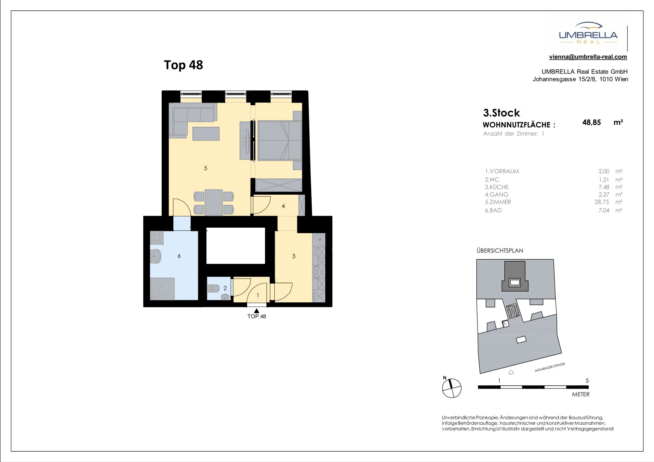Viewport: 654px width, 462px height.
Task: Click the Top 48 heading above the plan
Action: click(183, 65)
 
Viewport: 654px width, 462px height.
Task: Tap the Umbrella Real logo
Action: click(588, 33)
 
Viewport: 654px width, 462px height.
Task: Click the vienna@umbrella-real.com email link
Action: click(588, 57)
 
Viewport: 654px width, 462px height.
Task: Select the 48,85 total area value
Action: click(591, 122)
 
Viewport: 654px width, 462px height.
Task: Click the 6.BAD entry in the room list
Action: click(493, 211)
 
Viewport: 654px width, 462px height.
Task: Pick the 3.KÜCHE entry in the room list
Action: click(497, 187)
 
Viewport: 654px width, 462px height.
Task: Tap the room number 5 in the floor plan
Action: click(206, 168)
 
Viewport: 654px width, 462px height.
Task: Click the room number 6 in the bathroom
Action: click(179, 256)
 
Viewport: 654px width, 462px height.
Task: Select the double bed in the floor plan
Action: click(279, 141)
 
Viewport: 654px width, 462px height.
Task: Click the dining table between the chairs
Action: click(214, 202)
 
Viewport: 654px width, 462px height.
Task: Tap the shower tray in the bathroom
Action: click(162, 289)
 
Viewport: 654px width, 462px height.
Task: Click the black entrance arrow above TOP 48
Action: click(256, 311)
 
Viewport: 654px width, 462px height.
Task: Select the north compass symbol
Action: click(452, 388)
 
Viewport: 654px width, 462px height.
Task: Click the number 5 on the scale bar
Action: click(587, 380)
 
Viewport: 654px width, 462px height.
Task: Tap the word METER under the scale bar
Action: click(581, 394)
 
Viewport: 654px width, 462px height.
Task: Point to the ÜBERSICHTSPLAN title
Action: click(500, 250)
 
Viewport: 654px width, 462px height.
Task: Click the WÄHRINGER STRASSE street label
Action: click(550, 367)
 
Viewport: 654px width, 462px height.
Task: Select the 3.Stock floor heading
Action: click(501, 113)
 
